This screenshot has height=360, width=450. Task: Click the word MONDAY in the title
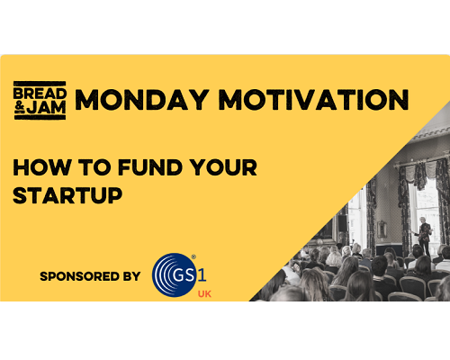[x=142, y=100]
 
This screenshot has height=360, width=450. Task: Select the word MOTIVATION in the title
[x=313, y=100]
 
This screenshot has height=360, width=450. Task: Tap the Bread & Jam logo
[x=40, y=101]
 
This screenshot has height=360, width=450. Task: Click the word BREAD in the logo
[x=40, y=94]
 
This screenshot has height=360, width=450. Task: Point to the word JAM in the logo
[x=46, y=107]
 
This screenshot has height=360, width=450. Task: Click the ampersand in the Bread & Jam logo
[x=20, y=107]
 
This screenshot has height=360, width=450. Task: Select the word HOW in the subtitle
[x=42, y=167]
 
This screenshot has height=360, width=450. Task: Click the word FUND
[x=150, y=167]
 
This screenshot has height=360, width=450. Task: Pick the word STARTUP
[x=67, y=195]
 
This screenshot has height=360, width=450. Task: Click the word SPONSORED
[x=80, y=276]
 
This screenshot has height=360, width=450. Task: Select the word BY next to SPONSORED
[x=131, y=276]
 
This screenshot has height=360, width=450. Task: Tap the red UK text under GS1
[x=204, y=294]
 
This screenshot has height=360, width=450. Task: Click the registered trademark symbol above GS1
[x=193, y=257]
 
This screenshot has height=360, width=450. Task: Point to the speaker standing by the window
[x=424, y=235]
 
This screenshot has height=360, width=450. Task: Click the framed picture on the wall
[x=382, y=229]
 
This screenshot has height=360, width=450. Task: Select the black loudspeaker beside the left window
[x=342, y=223]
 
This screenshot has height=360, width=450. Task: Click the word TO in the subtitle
[x=94, y=167]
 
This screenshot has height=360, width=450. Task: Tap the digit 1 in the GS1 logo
[x=202, y=274]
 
